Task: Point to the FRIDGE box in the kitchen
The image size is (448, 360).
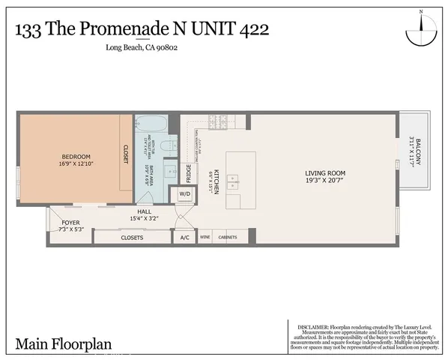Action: click(188, 173)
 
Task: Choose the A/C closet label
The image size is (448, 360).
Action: click(184, 238)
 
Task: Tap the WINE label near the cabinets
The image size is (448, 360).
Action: click(205, 238)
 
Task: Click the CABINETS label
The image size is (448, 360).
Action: click(228, 238)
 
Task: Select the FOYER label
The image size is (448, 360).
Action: click(70, 223)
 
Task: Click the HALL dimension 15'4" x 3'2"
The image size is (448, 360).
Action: click(145, 218)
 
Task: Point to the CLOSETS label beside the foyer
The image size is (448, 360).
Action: click(132, 238)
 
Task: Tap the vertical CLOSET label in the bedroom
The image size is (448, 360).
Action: click(125, 153)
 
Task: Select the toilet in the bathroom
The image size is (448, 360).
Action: click(171, 147)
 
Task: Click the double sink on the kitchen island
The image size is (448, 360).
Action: click(233, 181)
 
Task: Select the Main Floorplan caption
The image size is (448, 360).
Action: click(63, 345)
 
